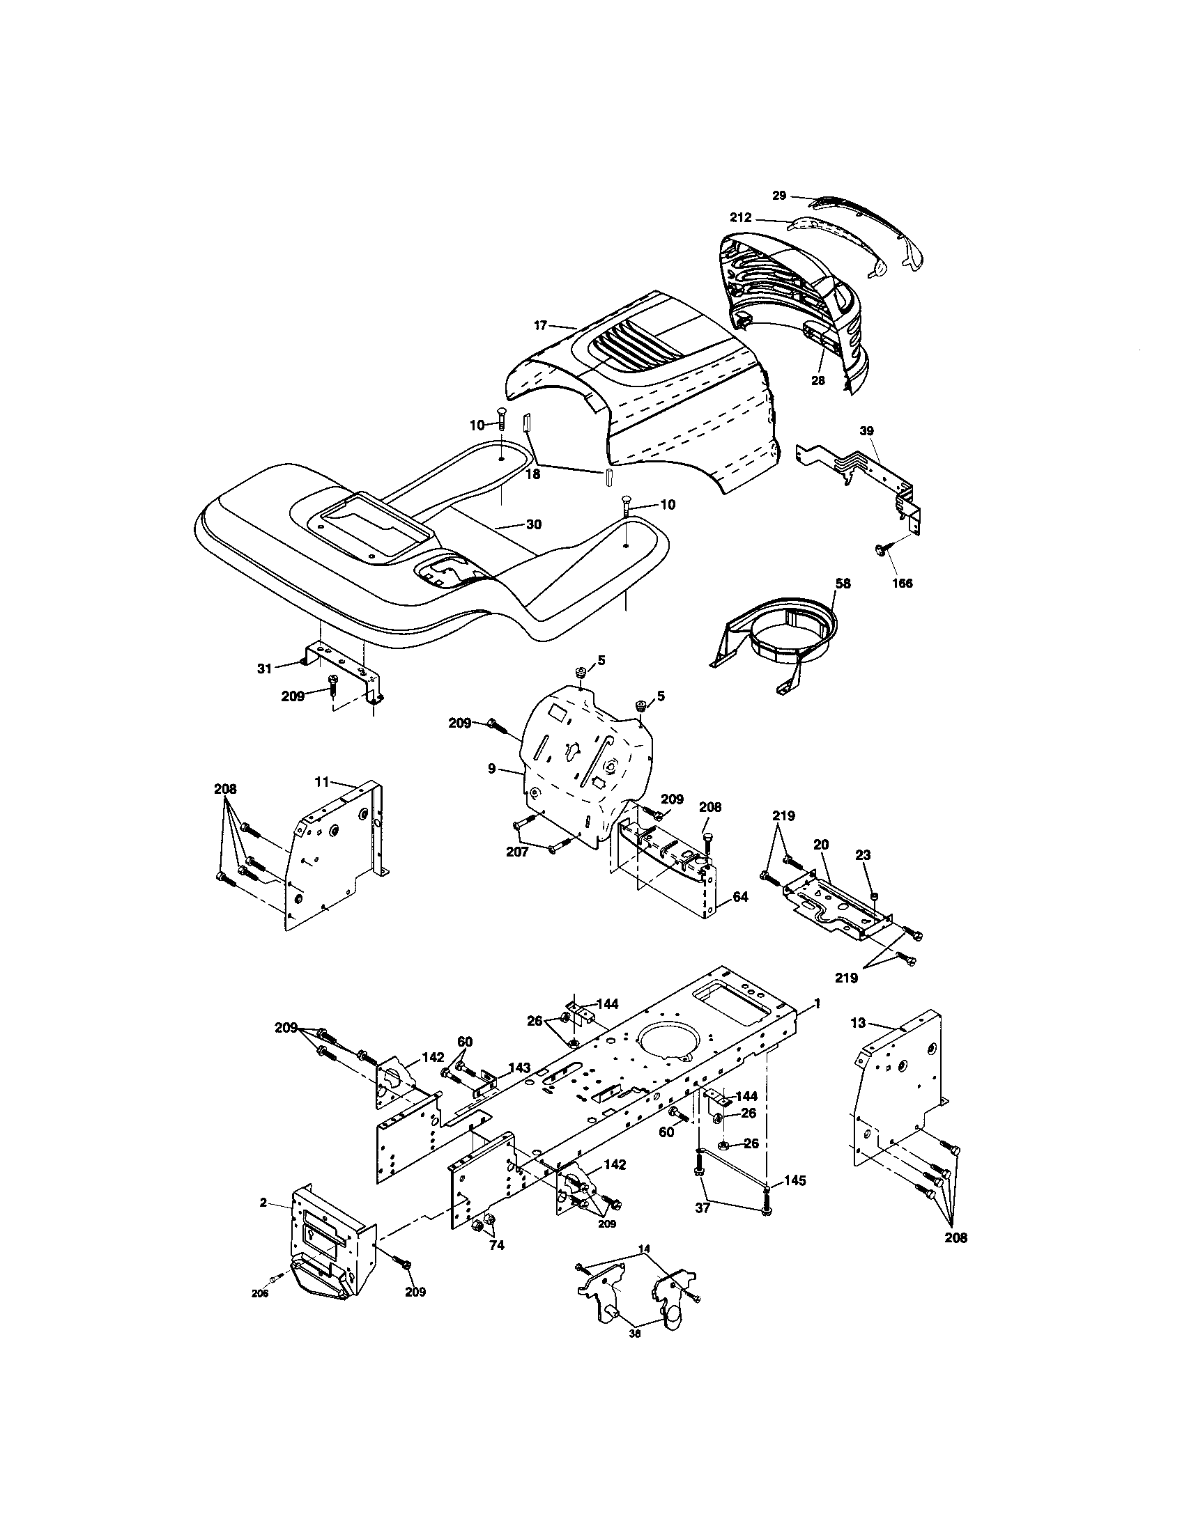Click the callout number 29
(x=779, y=196)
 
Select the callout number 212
(x=741, y=218)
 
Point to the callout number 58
(x=843, y=583)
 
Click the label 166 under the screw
(x=902, y=583)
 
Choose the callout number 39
(x=867, y=430)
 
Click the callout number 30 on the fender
(x=533, y=524)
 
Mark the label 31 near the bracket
(x=264, y=669)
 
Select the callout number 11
(x=321, y=780)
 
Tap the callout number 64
(x=740, y=896)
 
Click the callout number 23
(x=863, y=855)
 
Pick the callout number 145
(x=795, y=1181)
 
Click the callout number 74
(x=496, y=1246)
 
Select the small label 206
(x=260, y=1294)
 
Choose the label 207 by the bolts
(x=517, y=852)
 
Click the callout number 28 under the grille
(x=818, y=381)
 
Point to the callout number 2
(x=263, y=1203)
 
